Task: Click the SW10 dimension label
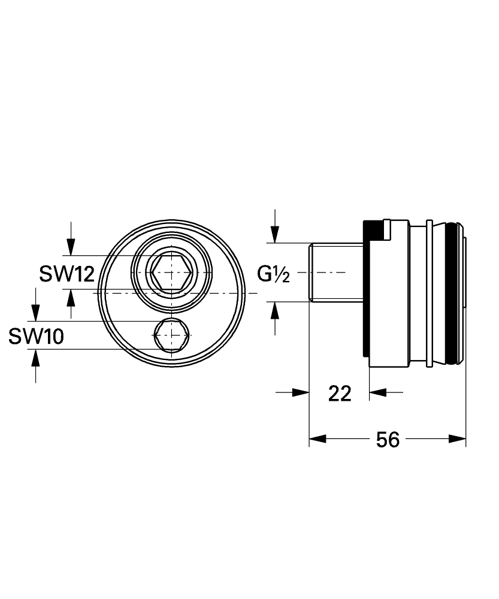coord(37,337)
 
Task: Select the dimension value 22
coord(340,394)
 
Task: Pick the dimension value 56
coord(388,439)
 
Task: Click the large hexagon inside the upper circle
coord(171,272)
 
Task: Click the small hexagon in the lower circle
coord(172,335)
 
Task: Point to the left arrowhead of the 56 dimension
coord(317,439)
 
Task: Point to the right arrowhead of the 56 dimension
coord(457,439)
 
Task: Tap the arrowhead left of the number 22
coord(300,392)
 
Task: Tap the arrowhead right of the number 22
coord(378,392)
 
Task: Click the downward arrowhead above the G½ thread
coord(275,235)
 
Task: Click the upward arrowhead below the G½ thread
coord(275,310)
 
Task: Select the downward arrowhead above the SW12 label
coord(71,247)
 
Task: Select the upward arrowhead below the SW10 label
coord(35,358)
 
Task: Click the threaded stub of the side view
coord(336,272)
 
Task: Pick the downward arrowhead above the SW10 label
coord(35,313)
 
